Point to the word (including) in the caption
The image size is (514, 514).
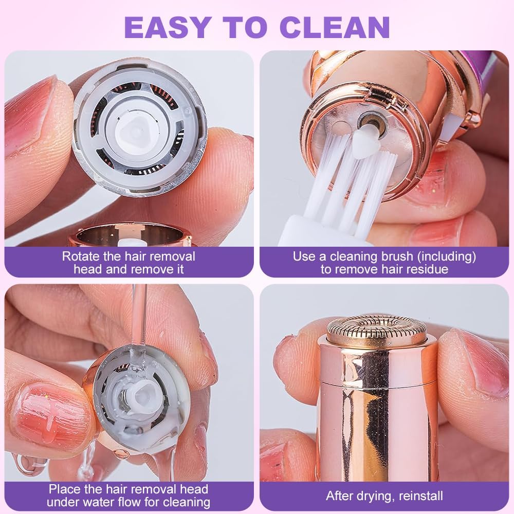447,256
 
